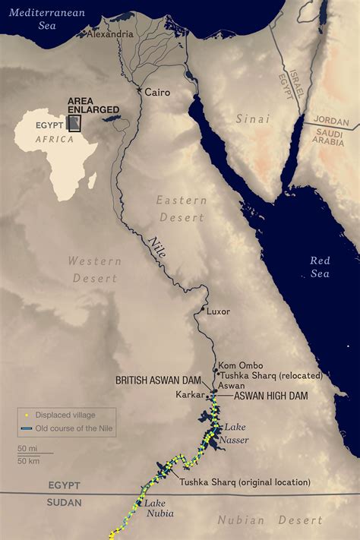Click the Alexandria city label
coord(111,34)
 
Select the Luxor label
coord(218,311)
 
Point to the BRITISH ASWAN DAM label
coord(161,379)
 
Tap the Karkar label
coord(190,395)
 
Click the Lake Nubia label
coord(159,508)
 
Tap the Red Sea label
coord(320,267)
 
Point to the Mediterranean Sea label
coord(37,19)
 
